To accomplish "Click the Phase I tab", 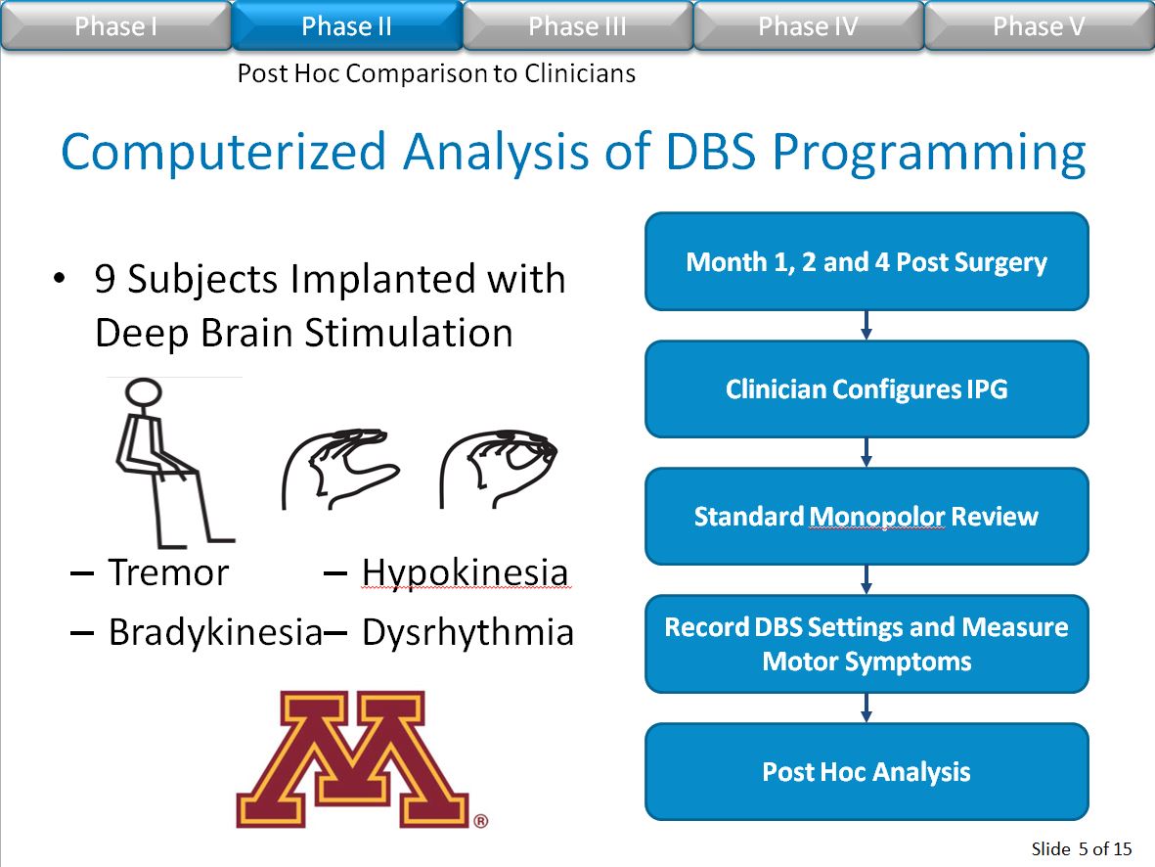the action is (x=115, y=25).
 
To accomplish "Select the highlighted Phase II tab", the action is (x=347, y=25).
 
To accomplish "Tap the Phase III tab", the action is (x=577, y=25).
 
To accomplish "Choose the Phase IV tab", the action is (x=808, y=25).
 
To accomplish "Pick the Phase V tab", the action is (x=1039, y=25).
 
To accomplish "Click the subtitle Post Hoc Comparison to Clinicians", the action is (x=436, y=73).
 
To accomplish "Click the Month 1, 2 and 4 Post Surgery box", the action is (x=866, y=261).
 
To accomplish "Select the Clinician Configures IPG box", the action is (x=866, y=389).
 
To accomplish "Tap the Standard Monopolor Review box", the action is (x=866, y=517).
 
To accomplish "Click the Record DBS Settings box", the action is (x=866, y=644).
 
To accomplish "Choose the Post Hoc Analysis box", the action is (x=866, y=772).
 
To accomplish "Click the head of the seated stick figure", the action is (x=144, y=392).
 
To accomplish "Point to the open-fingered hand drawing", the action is (x=339, y=469).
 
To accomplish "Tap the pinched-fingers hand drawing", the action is (x=498, y=469).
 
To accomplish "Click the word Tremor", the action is (x=168, y=572).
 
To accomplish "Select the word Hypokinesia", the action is (x=466, y=573).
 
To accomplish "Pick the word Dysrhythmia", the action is (x=467, y=633).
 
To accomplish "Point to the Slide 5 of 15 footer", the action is (x=1082, y=848).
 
